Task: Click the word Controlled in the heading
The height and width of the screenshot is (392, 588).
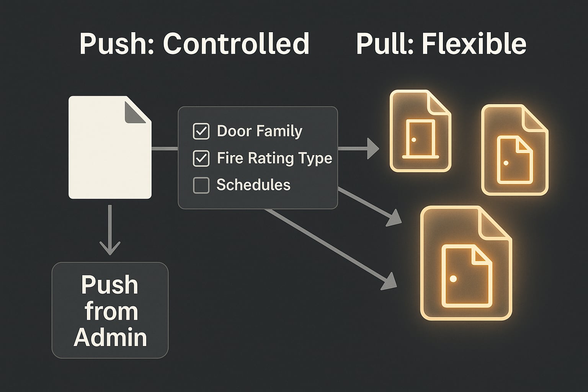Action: tap(236, 44)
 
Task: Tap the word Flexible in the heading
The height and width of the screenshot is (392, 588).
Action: tap(474, 44)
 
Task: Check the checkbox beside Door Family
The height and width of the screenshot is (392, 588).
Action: tap(201, 131)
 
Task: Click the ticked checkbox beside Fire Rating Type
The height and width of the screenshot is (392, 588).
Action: tap(201, 158)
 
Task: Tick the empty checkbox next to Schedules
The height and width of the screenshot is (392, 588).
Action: tap(201, 185)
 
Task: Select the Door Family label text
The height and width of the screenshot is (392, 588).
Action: tap(260, 131)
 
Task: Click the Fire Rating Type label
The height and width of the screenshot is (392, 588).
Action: tap(274, 158)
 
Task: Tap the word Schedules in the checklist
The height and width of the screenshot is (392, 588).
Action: tap(253, 185)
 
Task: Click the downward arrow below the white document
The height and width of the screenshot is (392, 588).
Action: tap(110, 230)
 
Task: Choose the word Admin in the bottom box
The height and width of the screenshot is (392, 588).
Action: tap(110, 338)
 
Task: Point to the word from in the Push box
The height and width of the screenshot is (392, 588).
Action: tap(111, 312)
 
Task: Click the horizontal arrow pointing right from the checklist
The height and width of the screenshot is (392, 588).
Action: tap(358, 149)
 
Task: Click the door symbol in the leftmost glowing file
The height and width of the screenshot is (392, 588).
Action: tap(420, 139)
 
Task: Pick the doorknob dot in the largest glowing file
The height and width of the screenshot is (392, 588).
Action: tap(453, 279)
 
